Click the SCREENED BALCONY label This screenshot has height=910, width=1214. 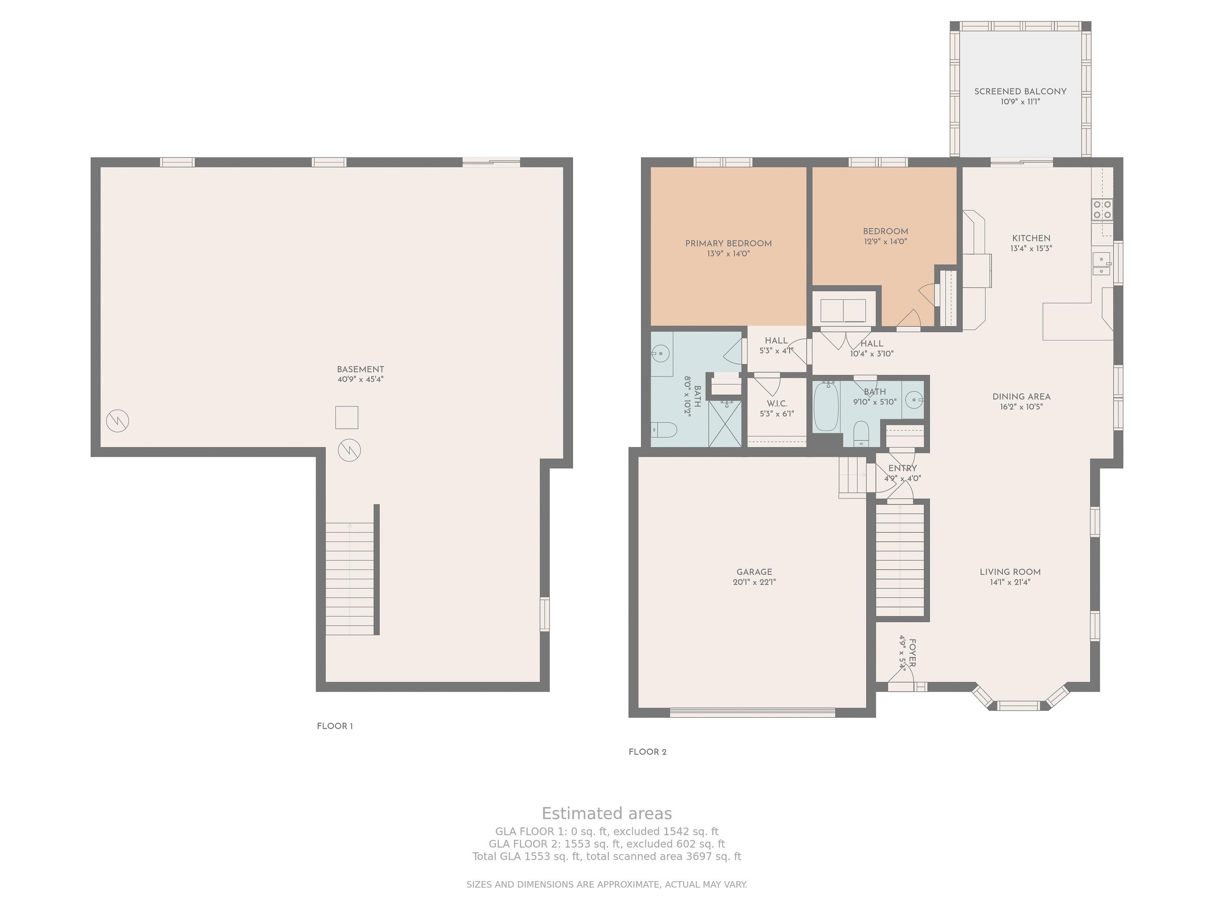click(x=1020, y=92)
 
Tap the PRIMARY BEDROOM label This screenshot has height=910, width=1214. click(x=728, y=244)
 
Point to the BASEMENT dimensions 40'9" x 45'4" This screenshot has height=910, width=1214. click(x=360, y=380)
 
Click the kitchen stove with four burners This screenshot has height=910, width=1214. click(x=1103, y=210)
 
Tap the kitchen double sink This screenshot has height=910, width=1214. click(x=1101, y=263)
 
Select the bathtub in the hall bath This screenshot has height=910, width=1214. click(x=826, y=406)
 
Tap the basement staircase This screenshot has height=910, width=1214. click(x=350, y=579)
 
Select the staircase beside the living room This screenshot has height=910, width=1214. click(x=900, y=560)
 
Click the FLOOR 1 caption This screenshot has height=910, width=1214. click(x=335, y=726)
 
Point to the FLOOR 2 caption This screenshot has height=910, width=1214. click(x=648, y=752)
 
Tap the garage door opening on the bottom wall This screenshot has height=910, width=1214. click(x=752, y=713)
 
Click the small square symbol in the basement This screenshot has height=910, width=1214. click(x=347, y=417)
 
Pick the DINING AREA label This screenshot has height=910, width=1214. click(x=1022, y=397)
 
